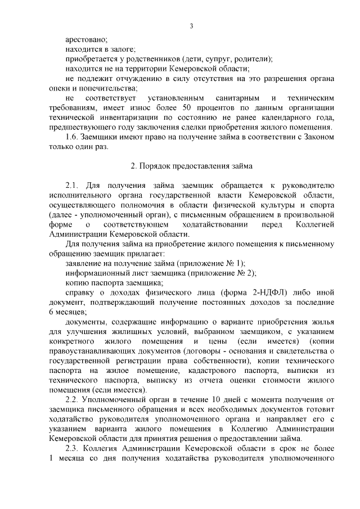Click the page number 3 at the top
(192, 26)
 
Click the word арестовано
(85, 39)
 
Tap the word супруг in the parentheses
(213, 58)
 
